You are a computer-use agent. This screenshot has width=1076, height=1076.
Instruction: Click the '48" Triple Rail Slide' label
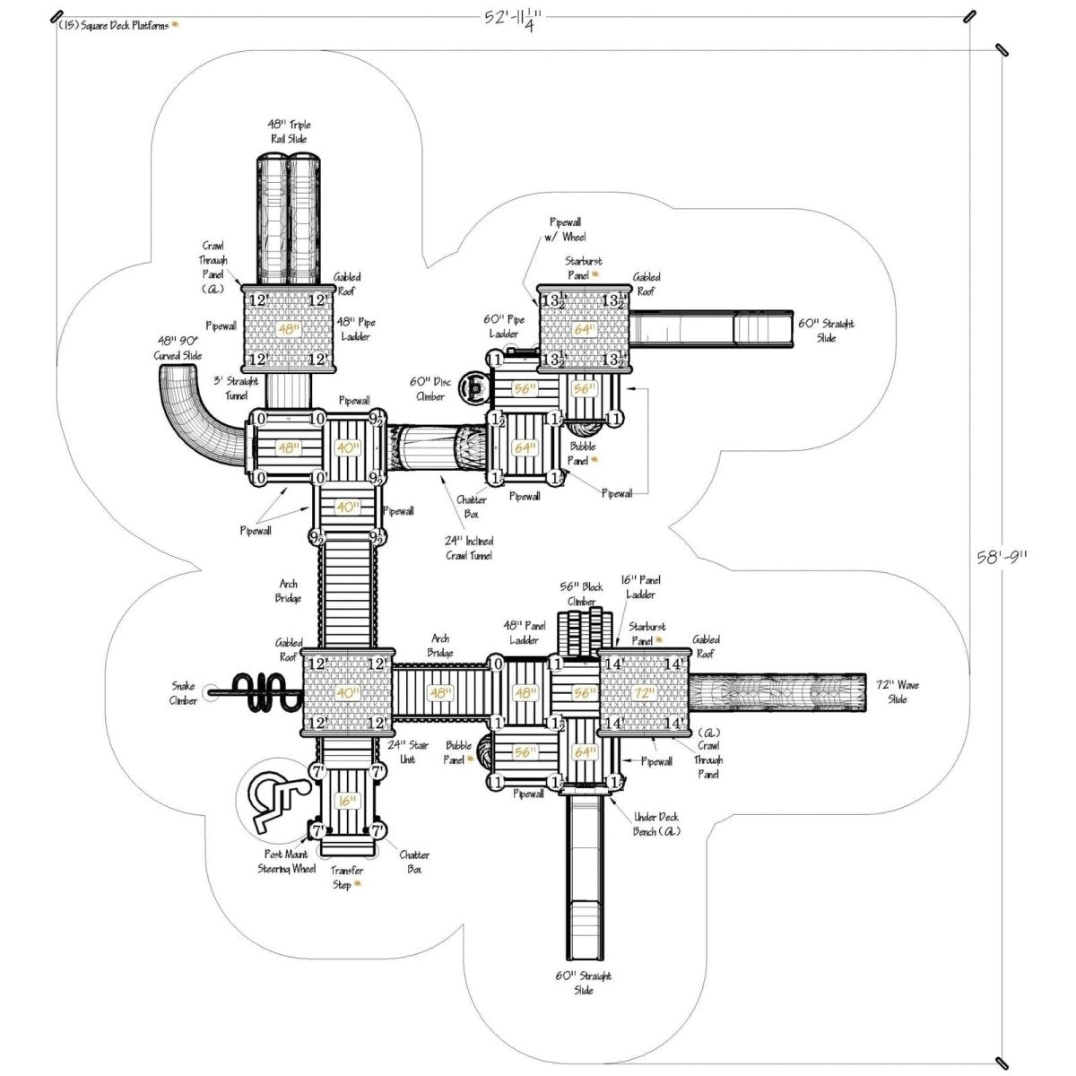click(x=289, y=132)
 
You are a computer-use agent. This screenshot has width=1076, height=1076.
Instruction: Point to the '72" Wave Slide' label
click(x=897, y=691)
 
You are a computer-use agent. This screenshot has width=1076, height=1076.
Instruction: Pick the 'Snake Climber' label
click(x=184, y=691)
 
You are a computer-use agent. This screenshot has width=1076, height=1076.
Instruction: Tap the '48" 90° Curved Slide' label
click(x=178, y=349)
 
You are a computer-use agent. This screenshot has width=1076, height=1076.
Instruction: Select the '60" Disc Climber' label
click(x=429, y=389)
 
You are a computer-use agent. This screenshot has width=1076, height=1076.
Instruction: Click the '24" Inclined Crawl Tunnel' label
click(x=468, y=549)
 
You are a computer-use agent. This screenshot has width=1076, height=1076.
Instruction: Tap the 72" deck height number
click(x=644, y=692)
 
